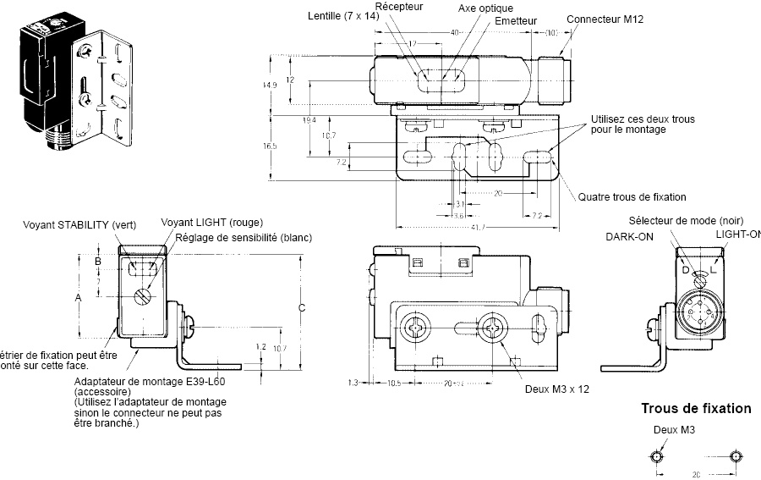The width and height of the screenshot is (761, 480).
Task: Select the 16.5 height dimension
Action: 270,146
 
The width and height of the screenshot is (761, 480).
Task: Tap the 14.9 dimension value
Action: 270,86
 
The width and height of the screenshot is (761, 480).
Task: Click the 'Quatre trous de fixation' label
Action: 632,197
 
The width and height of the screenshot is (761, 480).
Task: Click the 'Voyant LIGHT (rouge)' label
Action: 205,223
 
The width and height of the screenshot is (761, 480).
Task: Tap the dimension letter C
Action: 301,308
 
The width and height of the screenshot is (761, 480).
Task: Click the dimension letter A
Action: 78,299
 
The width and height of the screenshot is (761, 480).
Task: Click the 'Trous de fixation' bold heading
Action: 696,409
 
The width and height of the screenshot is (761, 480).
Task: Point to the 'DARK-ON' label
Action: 628,237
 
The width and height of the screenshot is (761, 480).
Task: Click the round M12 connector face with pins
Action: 698,314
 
